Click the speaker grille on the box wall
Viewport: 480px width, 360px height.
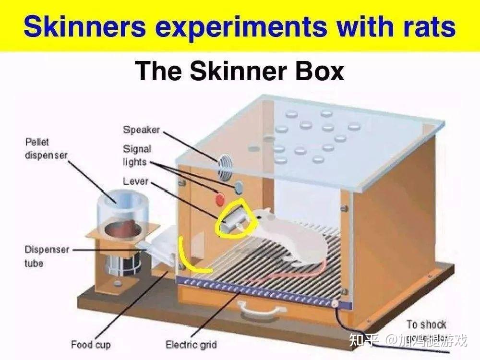click(x=224, y=166)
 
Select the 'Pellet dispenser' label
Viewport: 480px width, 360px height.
click(x=46, y=148)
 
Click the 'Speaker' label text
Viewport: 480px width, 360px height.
click(x=141, y=130)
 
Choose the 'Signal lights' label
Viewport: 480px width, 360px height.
click(x=137, y=156)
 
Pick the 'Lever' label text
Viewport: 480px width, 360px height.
click(x=135, y=181)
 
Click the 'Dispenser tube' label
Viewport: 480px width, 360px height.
click(x=47, y=256)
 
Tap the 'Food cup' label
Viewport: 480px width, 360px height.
click(x=91, y=345)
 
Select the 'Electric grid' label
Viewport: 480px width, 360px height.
click(x=191, y=345)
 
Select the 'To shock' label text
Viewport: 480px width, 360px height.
click(x=426, y=324)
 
